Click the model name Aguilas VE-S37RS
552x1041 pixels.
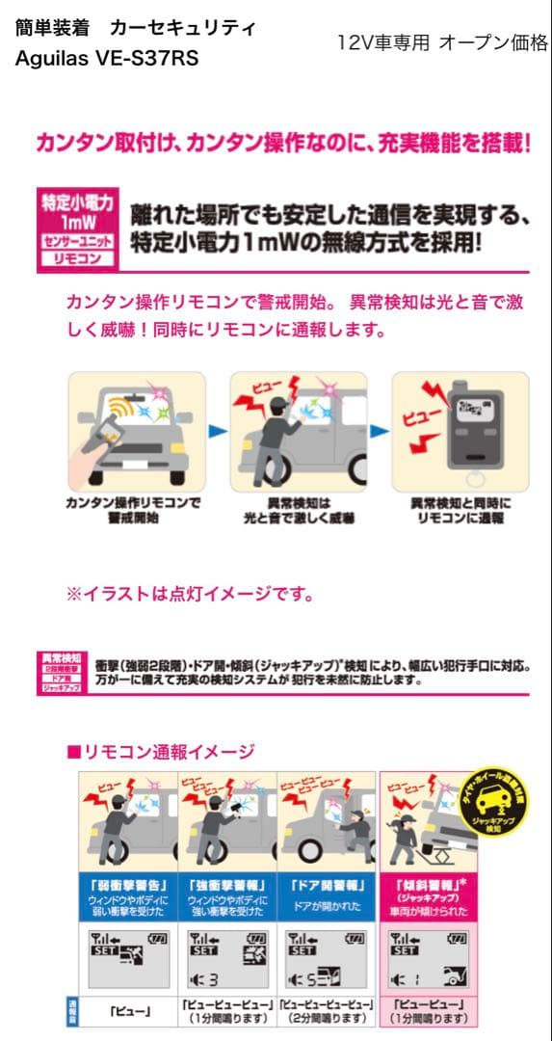pos(107,59)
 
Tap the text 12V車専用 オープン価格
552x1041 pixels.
pos(443,42)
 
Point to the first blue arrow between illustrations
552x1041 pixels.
pos(218,430)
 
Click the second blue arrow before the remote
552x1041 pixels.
pos(380,430)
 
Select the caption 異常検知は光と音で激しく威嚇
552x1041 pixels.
pos(298,510)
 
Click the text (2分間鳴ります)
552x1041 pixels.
pos(327,1018)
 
